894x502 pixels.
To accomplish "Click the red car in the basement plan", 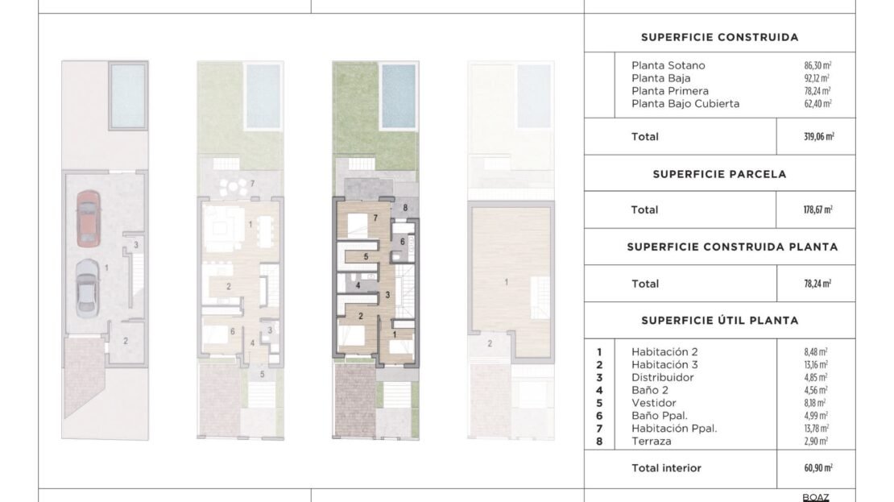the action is [89, 218].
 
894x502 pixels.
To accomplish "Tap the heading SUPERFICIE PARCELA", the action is [719, 175].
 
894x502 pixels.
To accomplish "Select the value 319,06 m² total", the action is [819, 137].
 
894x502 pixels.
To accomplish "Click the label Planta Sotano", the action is [668, 65].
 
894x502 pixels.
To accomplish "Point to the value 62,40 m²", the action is [817, 104].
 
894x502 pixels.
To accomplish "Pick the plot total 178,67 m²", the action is [817, 210].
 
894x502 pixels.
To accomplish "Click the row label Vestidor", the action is [653, 404].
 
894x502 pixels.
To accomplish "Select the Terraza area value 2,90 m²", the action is [815, 442].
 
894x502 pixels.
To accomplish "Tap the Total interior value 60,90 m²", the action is [818, 468].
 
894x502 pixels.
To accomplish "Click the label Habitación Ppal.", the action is [674, 429].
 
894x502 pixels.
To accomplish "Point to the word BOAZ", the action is [815, 498].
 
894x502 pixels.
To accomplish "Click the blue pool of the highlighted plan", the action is [399, 96].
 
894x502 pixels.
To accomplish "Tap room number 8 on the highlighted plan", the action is [405, 208].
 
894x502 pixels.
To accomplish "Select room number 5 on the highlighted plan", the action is [366, 257].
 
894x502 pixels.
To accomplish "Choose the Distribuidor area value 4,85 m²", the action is [815, 378].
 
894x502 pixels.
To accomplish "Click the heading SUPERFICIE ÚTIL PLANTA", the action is [719, 321].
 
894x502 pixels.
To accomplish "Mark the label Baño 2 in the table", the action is [649, 391].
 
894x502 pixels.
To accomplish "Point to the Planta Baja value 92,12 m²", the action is [817, 78].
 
